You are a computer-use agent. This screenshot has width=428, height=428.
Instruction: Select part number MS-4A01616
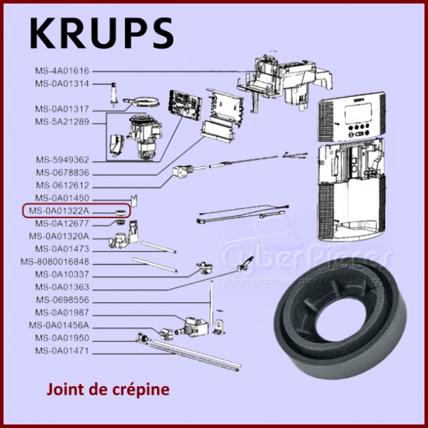(63, 71)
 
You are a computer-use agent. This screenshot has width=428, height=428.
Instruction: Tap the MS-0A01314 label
(63, 84)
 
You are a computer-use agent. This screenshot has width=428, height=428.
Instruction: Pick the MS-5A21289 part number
(63, 122)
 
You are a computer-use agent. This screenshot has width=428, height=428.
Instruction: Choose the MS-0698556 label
(63, 300)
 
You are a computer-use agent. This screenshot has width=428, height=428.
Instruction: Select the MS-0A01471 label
(63, 351)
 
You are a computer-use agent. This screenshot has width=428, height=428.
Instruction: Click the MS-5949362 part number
(63, 160)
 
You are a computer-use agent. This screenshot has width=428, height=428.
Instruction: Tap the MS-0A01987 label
(63, 313)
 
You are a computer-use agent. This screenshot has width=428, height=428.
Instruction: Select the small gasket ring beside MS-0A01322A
(121, 212)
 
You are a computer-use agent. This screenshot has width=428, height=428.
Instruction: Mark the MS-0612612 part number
(63, 185)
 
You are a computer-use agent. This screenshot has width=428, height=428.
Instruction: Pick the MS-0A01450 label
(63, 198)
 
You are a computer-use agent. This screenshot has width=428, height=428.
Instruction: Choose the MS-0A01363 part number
(63, 287)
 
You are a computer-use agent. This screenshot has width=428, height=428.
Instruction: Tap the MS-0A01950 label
(63, 338)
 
